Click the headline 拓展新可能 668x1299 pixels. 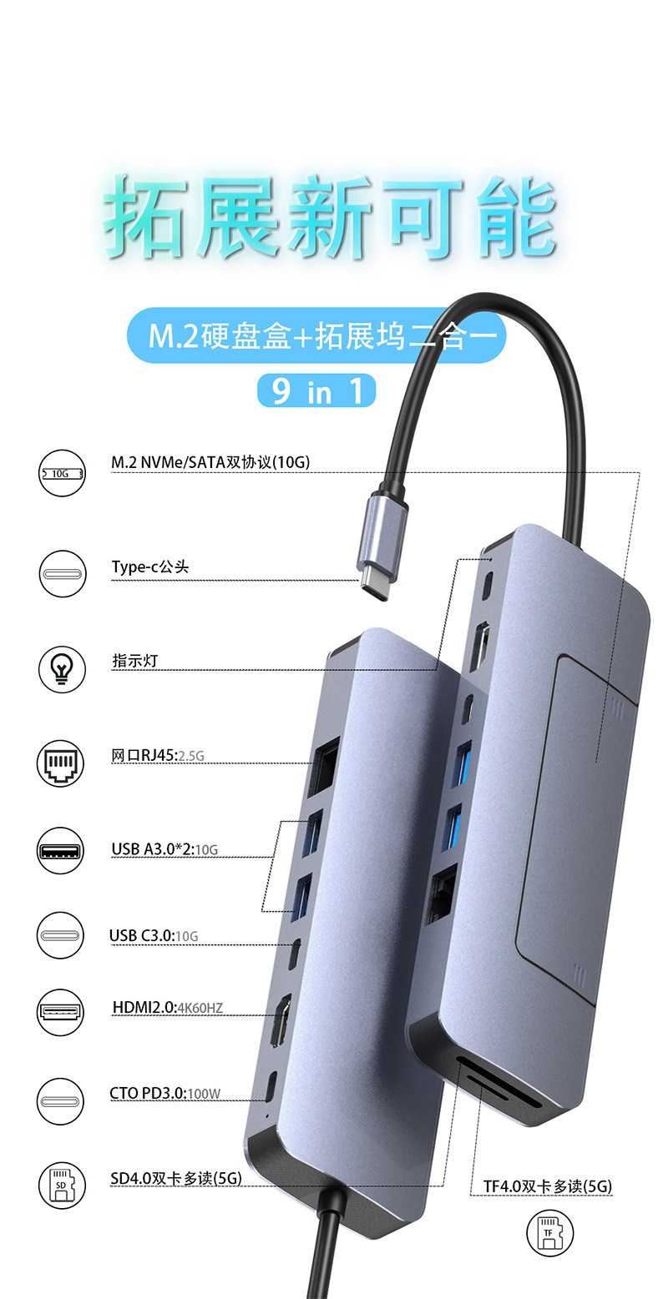[331, 219]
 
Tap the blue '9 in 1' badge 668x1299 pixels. [316, 390]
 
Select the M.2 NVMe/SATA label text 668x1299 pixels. [210, 461]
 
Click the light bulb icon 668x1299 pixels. [62, 668]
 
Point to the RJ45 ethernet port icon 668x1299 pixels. [61, 763]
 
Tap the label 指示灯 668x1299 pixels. [135, 661]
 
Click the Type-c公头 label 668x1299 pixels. [150, 567]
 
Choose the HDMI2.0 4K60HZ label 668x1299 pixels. [167, 1008]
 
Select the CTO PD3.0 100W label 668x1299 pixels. [164, 1094]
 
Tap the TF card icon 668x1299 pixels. [549, 1233]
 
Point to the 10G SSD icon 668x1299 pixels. [62, 473]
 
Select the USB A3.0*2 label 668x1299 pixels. [164, 849]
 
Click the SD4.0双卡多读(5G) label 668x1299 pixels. [176, 1178]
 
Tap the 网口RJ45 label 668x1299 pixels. [158, 756]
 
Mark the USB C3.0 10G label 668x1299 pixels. [154, 936]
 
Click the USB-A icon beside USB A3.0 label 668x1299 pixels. [61, 851]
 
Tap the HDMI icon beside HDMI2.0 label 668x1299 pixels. [61, 1013]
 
